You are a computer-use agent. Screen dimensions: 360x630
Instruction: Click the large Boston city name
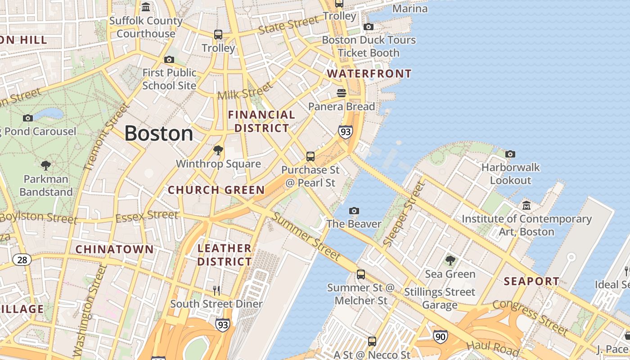point(158,134)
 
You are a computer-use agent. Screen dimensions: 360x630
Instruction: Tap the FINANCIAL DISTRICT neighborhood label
point(261,121)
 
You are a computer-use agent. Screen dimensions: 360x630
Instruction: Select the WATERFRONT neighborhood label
point(369,74)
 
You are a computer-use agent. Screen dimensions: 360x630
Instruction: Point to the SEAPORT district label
point(531,282)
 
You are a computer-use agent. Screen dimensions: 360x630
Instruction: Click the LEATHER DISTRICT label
point(225,255)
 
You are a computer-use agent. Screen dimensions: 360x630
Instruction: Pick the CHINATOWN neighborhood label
point(114,249)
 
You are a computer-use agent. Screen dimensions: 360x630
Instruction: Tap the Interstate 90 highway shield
point(441,336)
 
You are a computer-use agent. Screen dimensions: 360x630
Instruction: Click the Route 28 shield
point(22,260)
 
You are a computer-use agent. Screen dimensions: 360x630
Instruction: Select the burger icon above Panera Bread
point(342,93)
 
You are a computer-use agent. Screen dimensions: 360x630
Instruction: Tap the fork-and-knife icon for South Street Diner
point(216,291)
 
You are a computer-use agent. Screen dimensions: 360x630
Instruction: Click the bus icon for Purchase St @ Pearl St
point(310,157)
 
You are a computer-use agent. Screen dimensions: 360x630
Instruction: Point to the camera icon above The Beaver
point(354,211)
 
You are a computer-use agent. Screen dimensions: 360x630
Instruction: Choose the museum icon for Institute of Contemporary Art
point(526,206)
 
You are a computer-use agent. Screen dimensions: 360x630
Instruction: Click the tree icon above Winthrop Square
point(218,150)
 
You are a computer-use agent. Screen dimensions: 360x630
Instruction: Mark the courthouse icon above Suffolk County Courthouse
point(146,7)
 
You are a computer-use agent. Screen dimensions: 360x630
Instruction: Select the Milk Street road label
point(245,91)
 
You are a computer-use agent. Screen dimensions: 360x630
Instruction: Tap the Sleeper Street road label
point(404,214)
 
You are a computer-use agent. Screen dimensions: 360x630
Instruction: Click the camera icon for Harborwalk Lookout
point(510,154)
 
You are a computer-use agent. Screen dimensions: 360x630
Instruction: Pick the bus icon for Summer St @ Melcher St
point(360,274)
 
